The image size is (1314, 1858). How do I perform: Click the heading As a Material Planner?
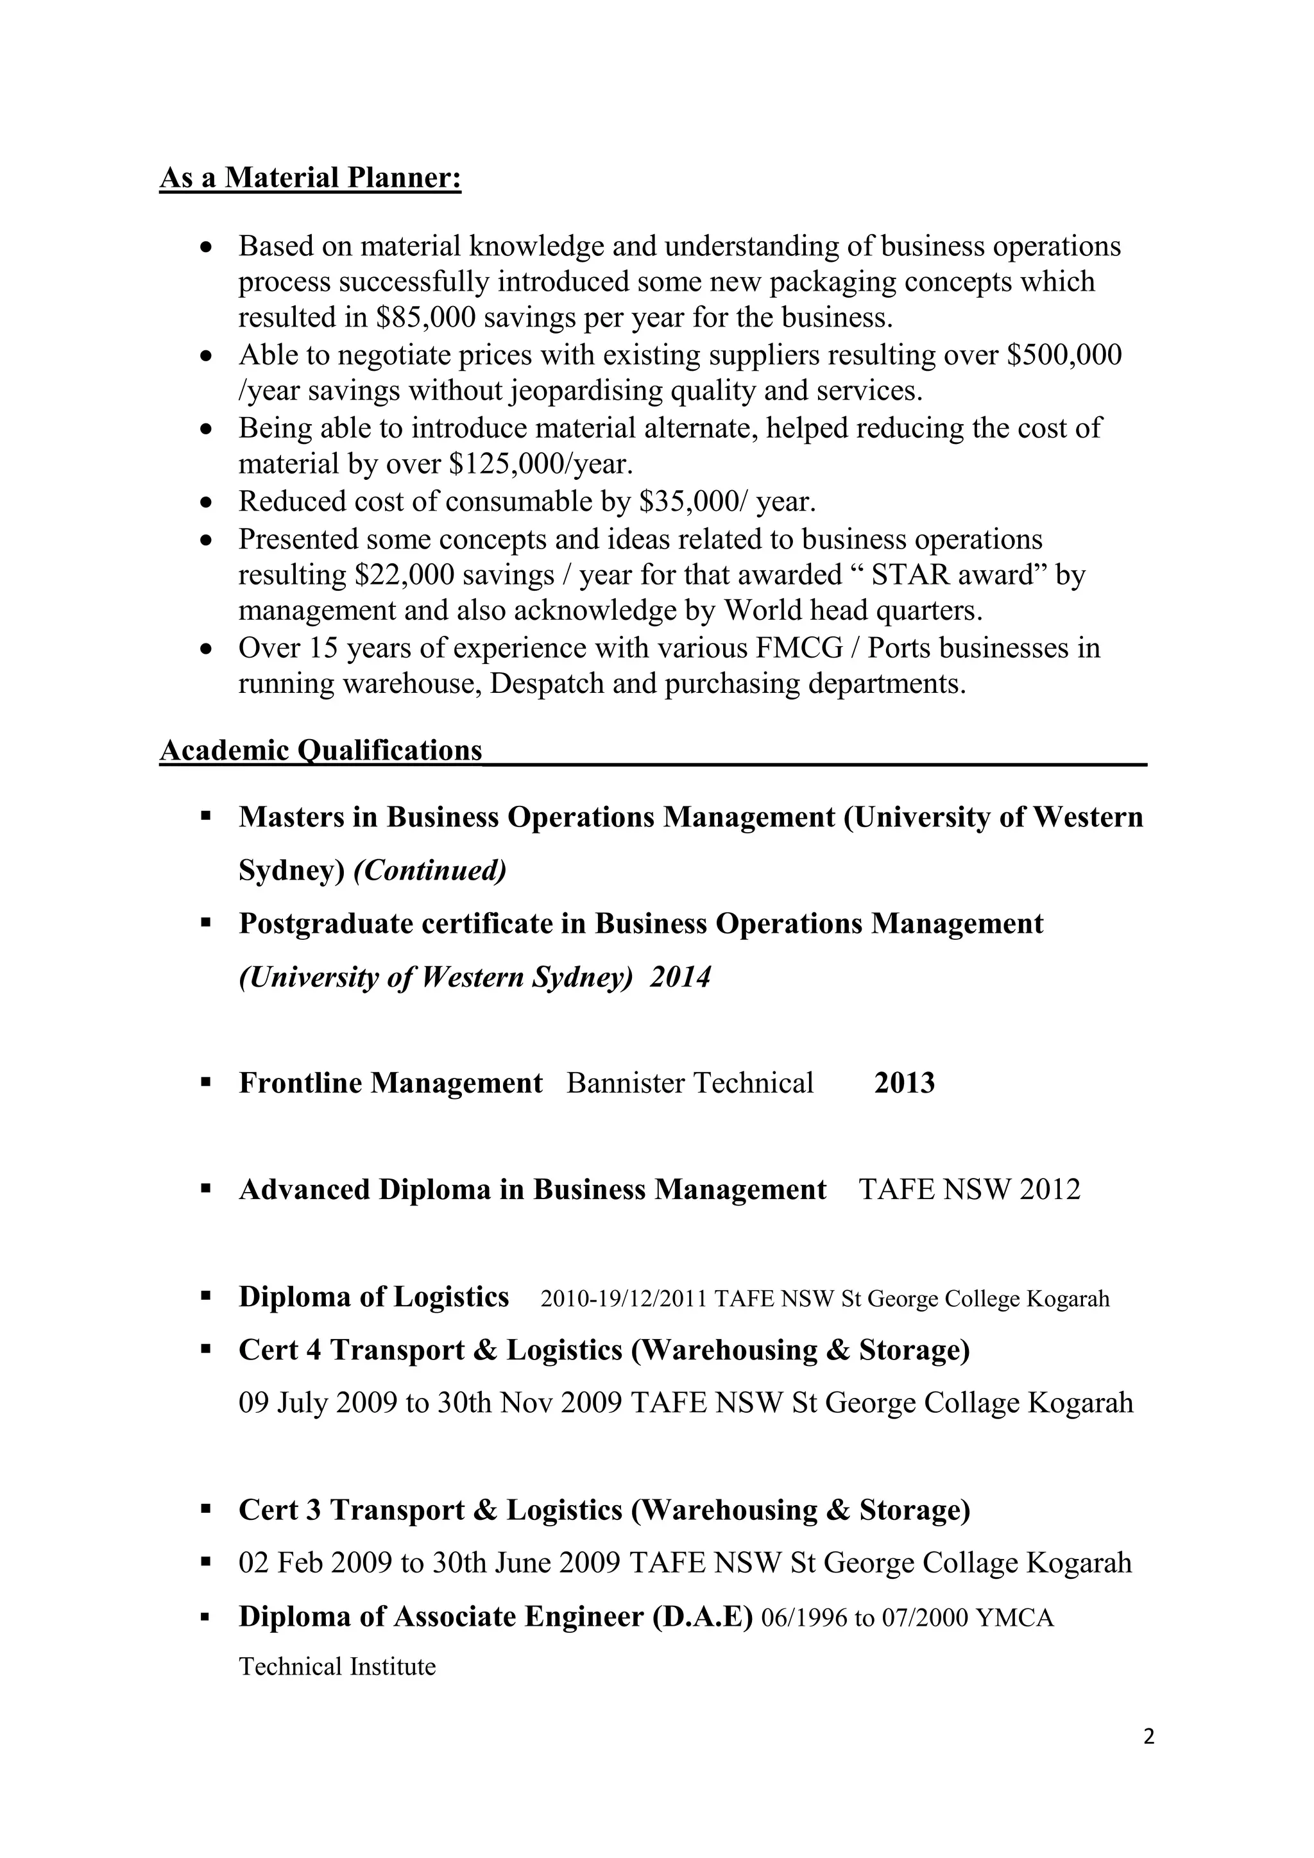point(310,177)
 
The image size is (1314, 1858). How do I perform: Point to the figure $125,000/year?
point(540,464)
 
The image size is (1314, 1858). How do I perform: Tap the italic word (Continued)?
point(430,871)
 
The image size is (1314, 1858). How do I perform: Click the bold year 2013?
point(904,1084)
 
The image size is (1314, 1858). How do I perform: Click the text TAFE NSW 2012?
point(969,1190)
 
